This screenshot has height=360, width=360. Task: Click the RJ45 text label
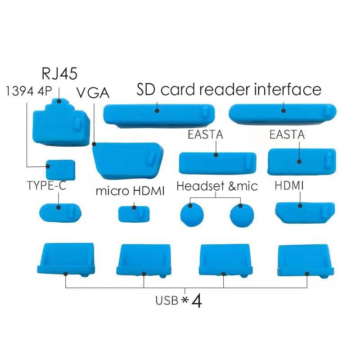(x=59, y=73)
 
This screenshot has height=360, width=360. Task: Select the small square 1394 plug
(x=60, y=170)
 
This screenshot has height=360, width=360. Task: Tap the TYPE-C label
(x=46, y=186)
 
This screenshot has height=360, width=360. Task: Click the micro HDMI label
(x=130, y=191)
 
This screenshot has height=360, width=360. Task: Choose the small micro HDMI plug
(x=134, y=213)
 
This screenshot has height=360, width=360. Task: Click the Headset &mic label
(x=217, y=186)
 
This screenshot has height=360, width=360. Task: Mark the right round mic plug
(x=241, y=215)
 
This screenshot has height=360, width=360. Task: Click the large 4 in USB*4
(x=196, y=301)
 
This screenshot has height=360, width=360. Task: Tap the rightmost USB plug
(x=306, y=260)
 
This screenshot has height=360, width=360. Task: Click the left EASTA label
(x=205, y=135)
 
